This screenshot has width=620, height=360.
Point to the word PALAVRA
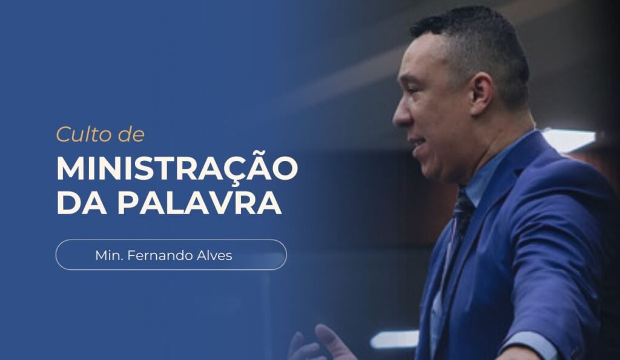click(x=199, y=203)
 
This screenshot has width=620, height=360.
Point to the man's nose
click(x=400, y=115)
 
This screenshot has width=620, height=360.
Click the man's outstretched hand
click(x=321, y=345)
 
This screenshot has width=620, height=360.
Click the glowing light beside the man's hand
click(x=394, y=339)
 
